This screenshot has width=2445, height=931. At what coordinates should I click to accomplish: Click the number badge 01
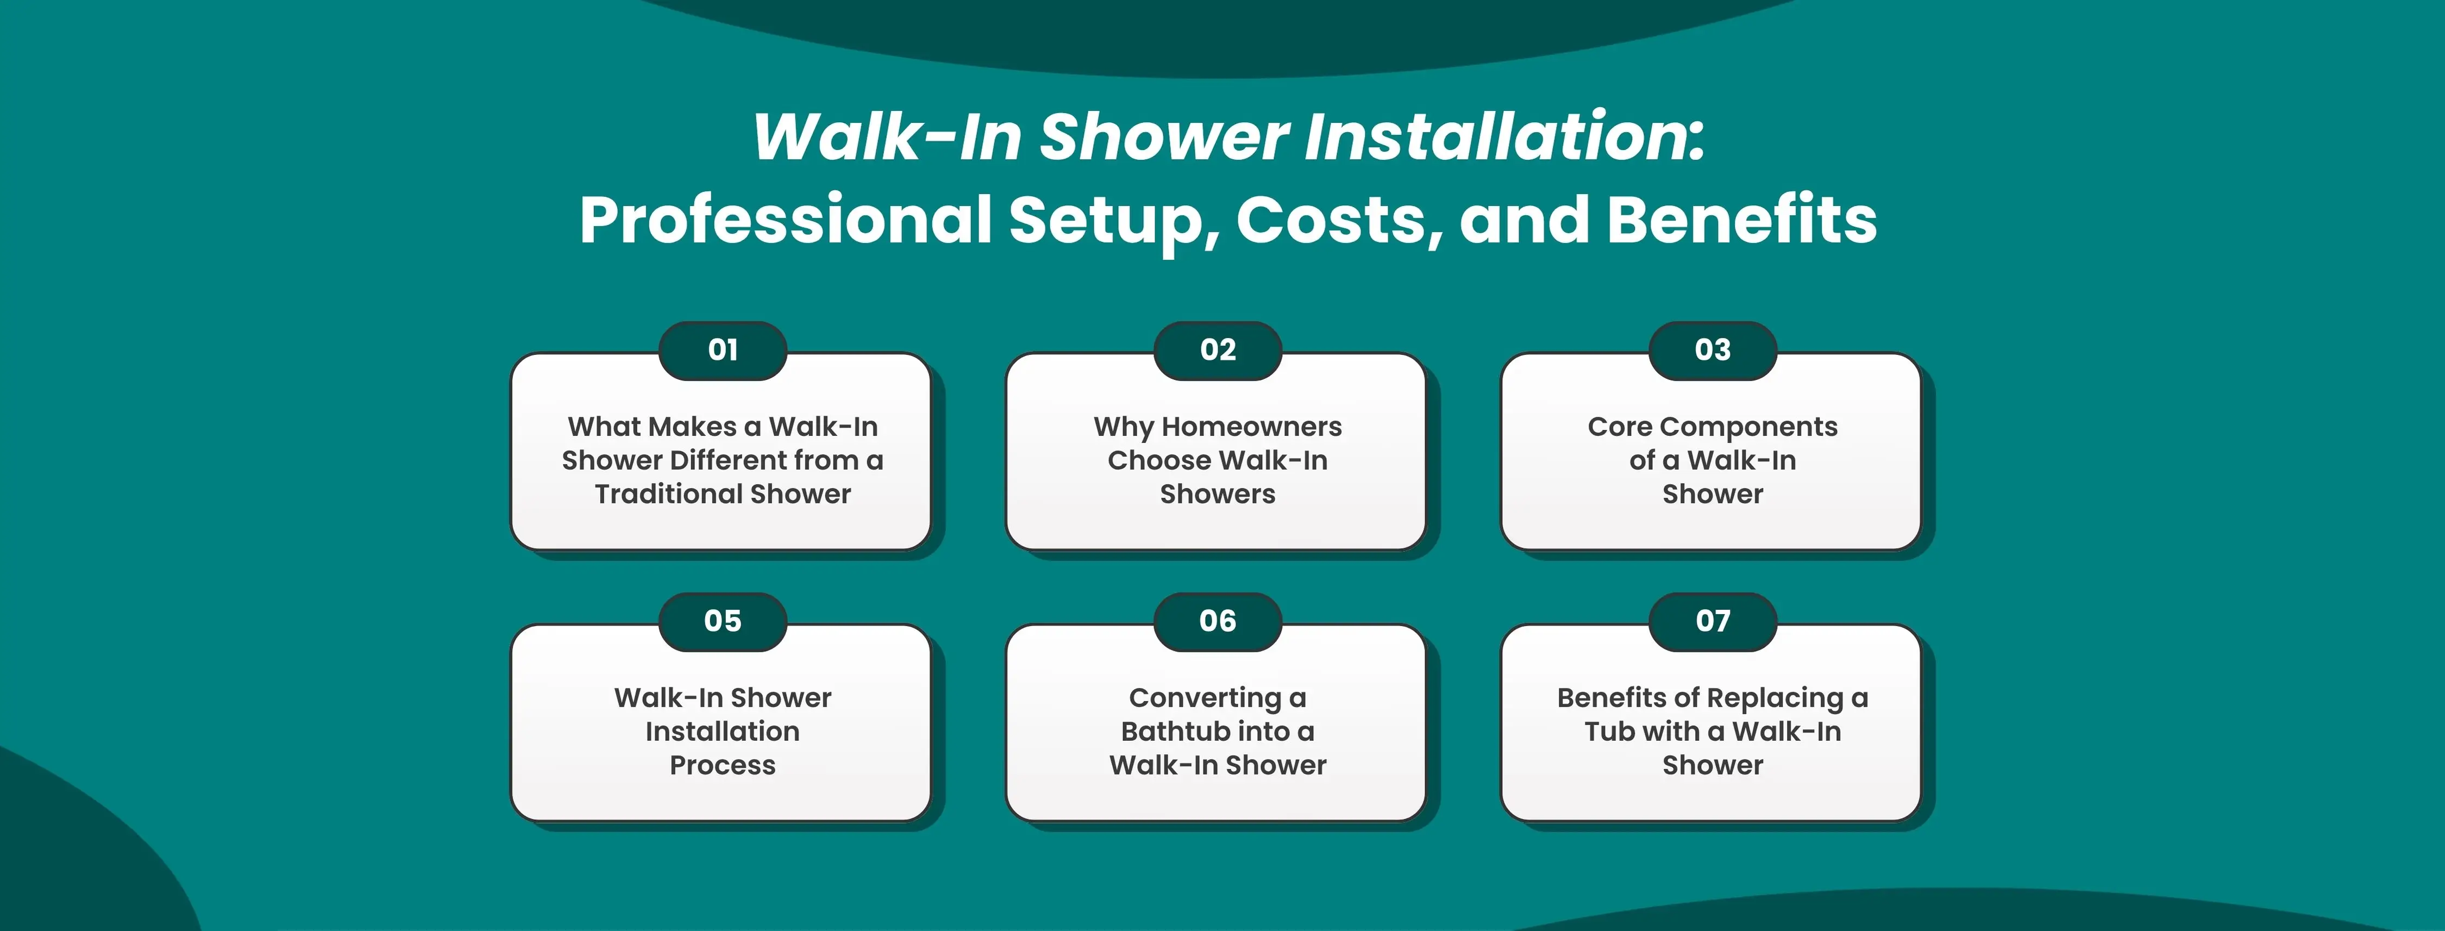click(722, 350)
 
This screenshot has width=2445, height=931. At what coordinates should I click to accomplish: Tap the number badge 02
click(1218, 350)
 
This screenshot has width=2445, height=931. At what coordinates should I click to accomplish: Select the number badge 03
click(1713, 350)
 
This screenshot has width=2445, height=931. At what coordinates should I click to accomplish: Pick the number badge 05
click(722, 622)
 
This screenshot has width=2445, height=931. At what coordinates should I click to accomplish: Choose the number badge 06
click(1218, 622)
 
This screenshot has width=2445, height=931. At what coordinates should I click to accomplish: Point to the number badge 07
click(1713, 622)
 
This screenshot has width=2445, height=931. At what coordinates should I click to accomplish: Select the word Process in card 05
click(722, 765)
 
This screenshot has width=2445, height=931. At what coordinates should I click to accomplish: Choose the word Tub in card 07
click(1605, 731)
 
